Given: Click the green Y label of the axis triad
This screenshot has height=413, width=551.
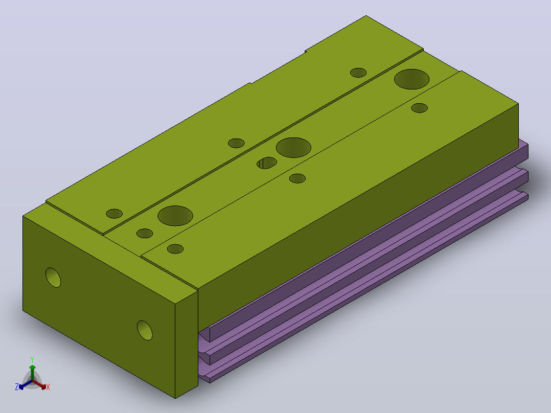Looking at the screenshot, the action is click(x=32, y=359).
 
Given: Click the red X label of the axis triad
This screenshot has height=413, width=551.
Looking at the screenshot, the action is click(x=48, y=387).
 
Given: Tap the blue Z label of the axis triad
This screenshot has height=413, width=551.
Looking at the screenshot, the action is click(x=17, y=387).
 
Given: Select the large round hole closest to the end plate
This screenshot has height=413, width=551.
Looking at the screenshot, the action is click(x=175, y=216).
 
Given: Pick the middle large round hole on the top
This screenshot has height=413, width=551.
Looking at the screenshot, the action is click(x=293, y=147).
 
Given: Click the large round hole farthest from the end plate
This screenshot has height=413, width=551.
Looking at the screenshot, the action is click(x=411, y=79).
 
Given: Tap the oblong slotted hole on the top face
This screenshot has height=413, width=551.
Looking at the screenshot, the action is click(x=267, y=163).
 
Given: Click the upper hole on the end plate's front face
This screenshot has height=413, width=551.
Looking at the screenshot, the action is click(x=53, y=278).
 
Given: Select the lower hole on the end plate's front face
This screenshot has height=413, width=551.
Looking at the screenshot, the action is click(x=145, y=330).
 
